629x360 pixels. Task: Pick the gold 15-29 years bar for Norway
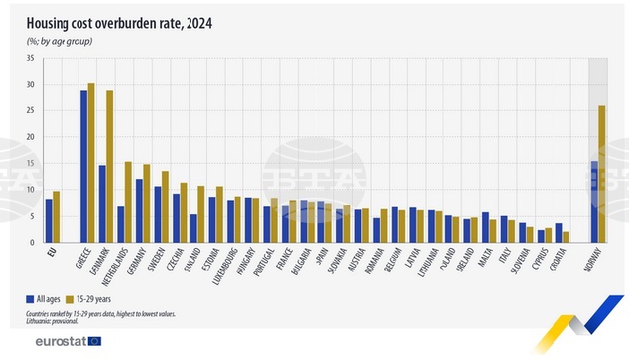(x=601, y=174)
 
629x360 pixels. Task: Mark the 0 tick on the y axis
(x=31, y=243)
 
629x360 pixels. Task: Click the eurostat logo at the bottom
(x=68, y=341)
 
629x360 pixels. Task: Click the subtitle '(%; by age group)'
(x=60, y=41)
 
